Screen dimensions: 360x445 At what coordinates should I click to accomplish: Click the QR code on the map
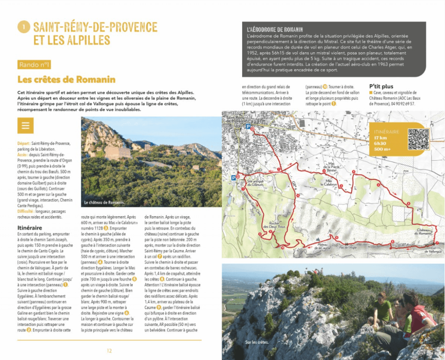[x=418, y=138]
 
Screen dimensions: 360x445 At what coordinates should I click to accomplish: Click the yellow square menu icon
[x=25, y=125]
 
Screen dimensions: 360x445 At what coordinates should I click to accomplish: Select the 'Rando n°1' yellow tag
[x=35, y=64]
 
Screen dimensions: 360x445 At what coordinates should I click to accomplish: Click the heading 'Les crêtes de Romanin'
[x=66, y=79]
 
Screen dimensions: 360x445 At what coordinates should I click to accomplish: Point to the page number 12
[x=109, y=351]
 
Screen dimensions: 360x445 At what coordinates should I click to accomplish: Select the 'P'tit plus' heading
[x=381, y=86]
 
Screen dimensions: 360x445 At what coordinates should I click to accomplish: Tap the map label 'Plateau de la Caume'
[x=322, y=246]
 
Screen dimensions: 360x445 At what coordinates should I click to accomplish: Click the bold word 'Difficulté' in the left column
[x=27, y=211]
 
